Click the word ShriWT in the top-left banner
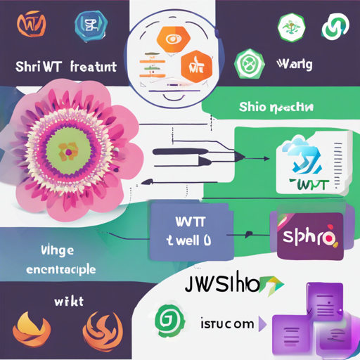pos(35,67)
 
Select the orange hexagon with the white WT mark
pos(195,67)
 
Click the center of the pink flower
pos(67,150)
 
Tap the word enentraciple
pos(60,269)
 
